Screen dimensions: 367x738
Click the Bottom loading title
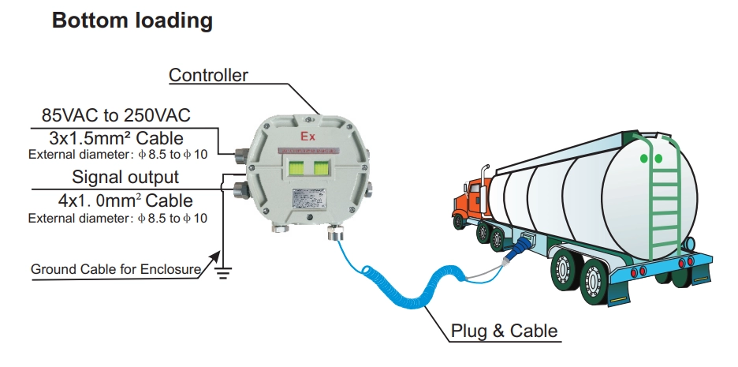pos(132,21)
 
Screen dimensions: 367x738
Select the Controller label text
pos(209,76)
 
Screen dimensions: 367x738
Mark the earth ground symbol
pos(222,273)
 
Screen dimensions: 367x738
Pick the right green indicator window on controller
pos(321,170)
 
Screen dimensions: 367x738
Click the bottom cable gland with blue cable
pos(335,234)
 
